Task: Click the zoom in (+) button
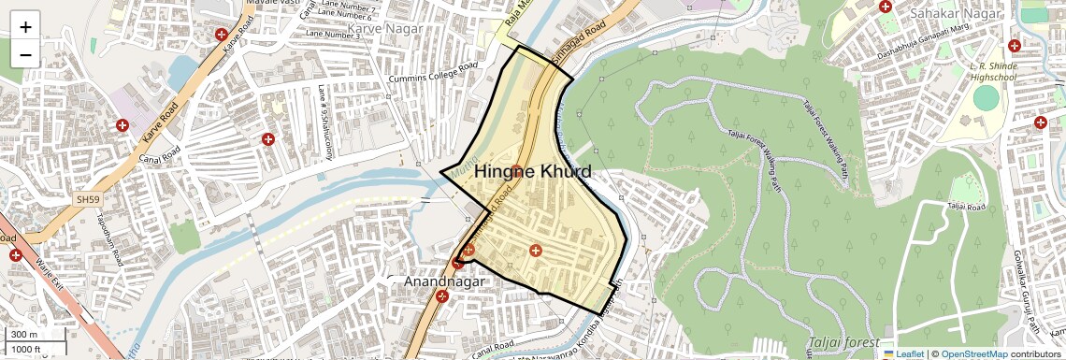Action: point(25,26)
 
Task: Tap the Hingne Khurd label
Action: point(532,172)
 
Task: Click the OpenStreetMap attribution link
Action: point(973,354)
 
